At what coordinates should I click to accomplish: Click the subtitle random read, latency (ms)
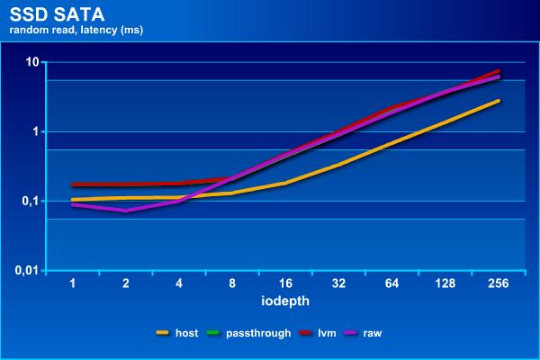pos(76,30)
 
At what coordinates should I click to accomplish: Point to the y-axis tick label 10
pos(32,61)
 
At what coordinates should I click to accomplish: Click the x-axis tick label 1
pos(73,283)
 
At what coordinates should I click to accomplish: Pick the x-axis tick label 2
pos(126,283)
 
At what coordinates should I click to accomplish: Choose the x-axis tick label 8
pos(232,283)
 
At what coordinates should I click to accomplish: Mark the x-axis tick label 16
pos(285,283)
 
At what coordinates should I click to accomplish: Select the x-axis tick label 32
pos(338,283)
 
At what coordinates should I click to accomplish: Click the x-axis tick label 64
pos(391,283)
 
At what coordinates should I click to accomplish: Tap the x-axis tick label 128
pos(445,283)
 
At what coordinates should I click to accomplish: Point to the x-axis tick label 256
pos(498,283)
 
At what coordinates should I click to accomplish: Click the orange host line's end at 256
pos(498,101)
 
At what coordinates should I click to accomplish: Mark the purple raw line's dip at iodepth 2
pos(126,211)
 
